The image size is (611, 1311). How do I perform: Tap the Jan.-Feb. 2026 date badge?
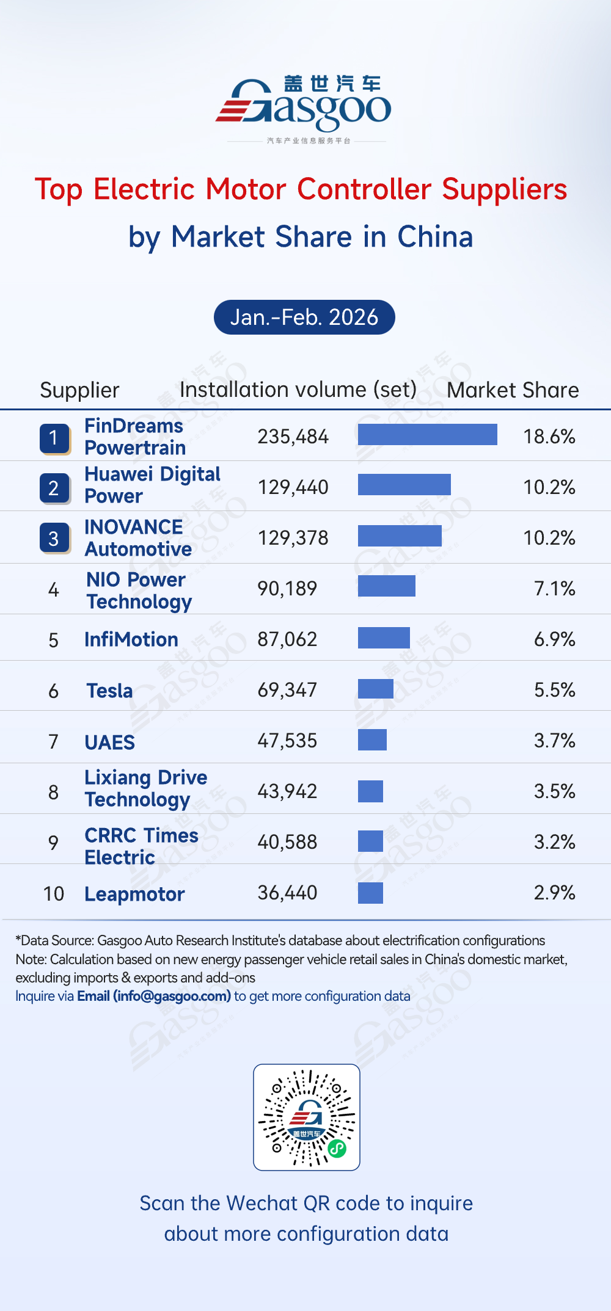tap(304, 317)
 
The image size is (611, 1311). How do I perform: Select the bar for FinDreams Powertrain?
tap(427, 435)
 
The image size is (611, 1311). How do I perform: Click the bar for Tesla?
tap(375, 689)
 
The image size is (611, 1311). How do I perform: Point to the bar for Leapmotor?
tap(370, 893)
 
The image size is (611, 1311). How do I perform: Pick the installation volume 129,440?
tap(293, 487)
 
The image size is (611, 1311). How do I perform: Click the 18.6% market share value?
tap(549, 437)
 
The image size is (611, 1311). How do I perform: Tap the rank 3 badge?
tap(54, 538)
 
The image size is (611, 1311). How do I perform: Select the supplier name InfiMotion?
tap(131, 639)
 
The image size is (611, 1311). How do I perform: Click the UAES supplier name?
tap(109, 743)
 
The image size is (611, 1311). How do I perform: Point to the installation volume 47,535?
tap(287, 741)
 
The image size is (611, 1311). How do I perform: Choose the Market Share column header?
tap(513, 390)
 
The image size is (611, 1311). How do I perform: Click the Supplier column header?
tap(79, 390)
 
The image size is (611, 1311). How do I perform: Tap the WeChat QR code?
tap(307, 1117)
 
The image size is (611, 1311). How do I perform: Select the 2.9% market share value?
tap(554, 893)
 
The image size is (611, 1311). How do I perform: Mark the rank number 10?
tap(54, 894)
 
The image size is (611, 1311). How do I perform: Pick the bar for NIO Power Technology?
tap(386, 586)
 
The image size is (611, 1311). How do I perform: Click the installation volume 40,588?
tap(287, 842)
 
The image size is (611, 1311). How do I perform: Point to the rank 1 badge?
tap(54, 438)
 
